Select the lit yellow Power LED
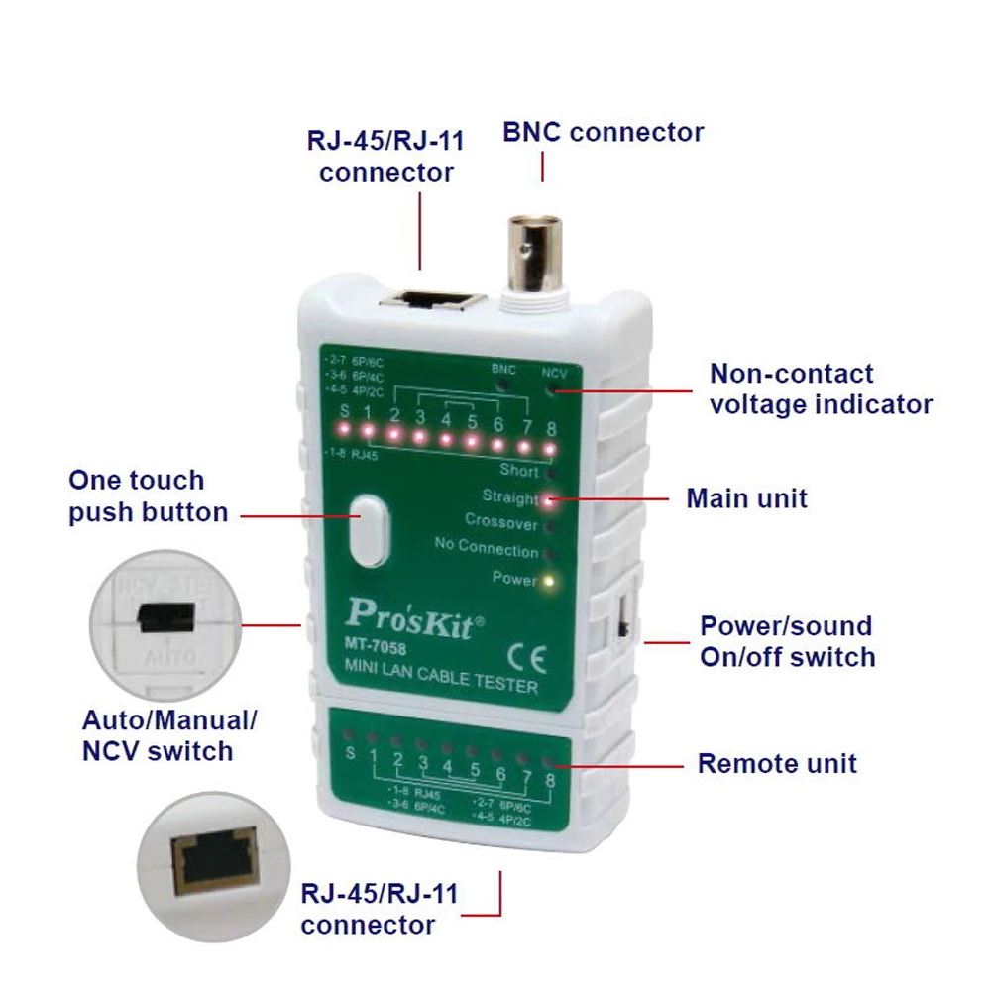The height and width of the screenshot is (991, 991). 547,580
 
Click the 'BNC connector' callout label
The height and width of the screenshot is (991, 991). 603,132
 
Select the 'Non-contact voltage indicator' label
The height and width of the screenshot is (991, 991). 821,388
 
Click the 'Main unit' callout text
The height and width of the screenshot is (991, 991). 746,497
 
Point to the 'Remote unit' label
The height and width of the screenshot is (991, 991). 777,763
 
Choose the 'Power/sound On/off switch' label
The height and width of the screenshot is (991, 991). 787,641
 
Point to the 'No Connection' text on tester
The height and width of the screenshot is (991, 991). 486,548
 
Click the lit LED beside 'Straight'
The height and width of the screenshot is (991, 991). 547,499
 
